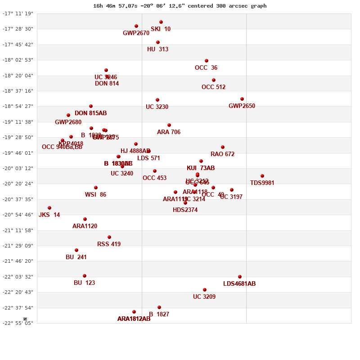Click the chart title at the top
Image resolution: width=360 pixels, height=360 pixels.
pyautogui.click(x=180, y=6)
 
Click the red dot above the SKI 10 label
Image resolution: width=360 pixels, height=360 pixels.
pyautogui.click(x=161, y=22)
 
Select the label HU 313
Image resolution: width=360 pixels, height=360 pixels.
pyautogui.click(x=157, y=49)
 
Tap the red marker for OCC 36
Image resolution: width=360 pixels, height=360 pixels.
pyautogui.click(x=207, y=61)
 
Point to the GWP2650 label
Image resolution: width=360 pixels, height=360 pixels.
pyautogui.click(x=242, y=106)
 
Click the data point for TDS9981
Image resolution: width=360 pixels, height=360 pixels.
pyautogui.click(x=262, y=176)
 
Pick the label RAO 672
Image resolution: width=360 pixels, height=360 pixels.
pyautogui.click(x=222, y=154)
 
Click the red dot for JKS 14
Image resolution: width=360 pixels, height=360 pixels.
pyautogui.click(x=49, y=208)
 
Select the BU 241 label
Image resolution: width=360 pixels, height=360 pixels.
pyautogui.click(x=76, y=257)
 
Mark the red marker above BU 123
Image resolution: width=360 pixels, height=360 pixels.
pyautogui.click(x=85, y=276)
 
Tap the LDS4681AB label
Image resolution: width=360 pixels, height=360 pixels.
pyautogui.click(x=239, y=284)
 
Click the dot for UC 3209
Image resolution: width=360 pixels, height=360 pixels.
pyautogui.click(x=205, y=290)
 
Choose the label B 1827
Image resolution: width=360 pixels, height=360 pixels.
pyautogui.click(x=159, y=315)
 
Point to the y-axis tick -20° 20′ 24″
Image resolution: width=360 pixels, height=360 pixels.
pyautogui.click(x=18, y=184)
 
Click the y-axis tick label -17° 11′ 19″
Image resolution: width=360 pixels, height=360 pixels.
pyautogui.click(x=18, y=13)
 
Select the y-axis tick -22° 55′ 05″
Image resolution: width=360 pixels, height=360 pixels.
pyautogui.click(x=18, y=323)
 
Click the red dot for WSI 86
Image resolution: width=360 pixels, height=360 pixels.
pyautogui.click(x=96, y=188)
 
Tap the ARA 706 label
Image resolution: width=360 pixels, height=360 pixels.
pyautogui.click(x=169, y=132)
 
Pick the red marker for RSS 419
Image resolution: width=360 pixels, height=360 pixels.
pyautogui.click(x=109, y=237)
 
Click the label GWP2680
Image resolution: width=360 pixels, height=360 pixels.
pyautogui.click(x=68, y=122)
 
